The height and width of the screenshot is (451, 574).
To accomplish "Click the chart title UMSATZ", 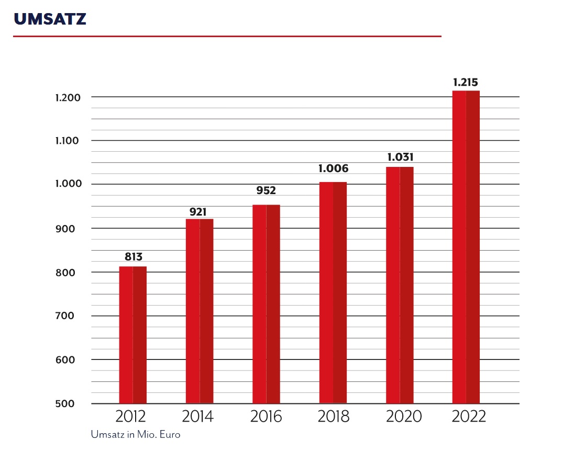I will pyautogui.click(x=50, y=19).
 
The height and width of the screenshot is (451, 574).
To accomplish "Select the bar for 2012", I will pyautogui.click(x=133, y=335).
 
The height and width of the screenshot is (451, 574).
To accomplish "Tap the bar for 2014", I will pyautogui.click(x=200, y=311).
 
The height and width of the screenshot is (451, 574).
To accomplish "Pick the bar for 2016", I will pyautogui.click(x=266, y=304).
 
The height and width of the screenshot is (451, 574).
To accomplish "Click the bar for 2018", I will pyautogui.click(x=333, y=292).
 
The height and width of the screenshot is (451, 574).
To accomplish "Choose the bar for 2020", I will pyautogui.click(x=400, y=285).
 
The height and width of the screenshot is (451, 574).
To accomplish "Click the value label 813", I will pyautogui.click(x=133, y=257).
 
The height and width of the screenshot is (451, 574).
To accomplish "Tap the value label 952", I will pyautogui.click(x=266, y=190).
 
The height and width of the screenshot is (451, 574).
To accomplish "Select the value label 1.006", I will pyautogui.click(x=333, y=168).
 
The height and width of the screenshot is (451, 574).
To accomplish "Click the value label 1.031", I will pyautogui.click(x=400, y=156).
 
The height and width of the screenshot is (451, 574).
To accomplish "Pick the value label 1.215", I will pyautogui.click(x=466, y=82).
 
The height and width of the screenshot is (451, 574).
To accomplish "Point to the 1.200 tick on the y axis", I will pyautogui.click(x=67, y=98).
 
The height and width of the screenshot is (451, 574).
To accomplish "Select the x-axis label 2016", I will pyautogui.click(x=266, y=417).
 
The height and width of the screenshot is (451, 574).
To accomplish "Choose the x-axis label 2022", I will pyautogui.click(x=468, y=417).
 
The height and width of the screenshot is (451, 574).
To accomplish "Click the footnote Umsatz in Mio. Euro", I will pyautogui.click(x=135, y=435).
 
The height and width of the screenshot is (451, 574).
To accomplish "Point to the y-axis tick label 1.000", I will pyautogui.click(x=67, y=185).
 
